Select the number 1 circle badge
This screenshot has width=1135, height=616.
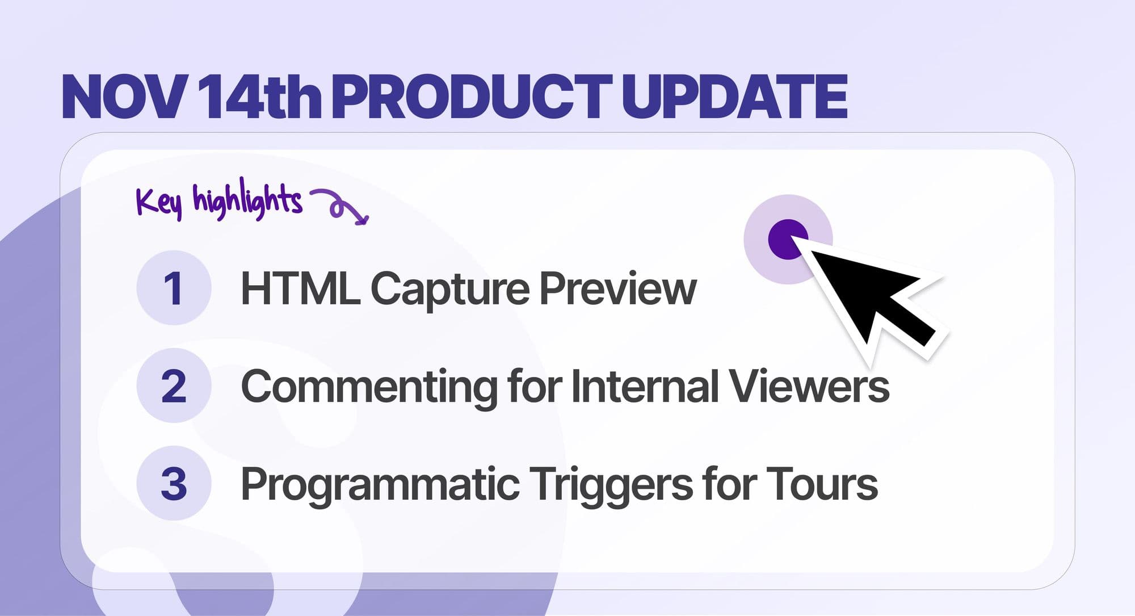pyautogui.click(x=174, y=288)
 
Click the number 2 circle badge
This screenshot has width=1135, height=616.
pyautogui.click(x=174, y=386)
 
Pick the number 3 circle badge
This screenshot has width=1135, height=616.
pyautogui.click(x=174, y=484)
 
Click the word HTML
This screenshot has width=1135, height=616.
pyautogui.click(x=300, y=289)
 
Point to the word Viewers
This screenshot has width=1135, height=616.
pyautogui.click(x=809, y=387)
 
